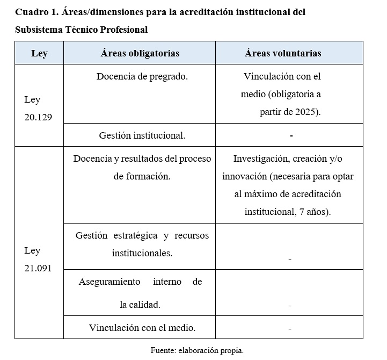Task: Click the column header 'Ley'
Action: tap(39, 53)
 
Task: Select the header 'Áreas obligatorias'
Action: tap(140, 53)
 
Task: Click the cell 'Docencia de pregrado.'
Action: tap(142, 76)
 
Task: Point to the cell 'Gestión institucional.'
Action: tap(142, 135)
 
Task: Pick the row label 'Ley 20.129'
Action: tap(38, 108)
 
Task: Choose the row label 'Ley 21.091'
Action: tap(38, 259)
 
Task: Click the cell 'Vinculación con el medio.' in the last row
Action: tap(142, 328)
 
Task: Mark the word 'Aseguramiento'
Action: tap(109, 282)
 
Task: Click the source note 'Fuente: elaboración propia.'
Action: tap(197, 350)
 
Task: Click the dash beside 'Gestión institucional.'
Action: tap(291, 136)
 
